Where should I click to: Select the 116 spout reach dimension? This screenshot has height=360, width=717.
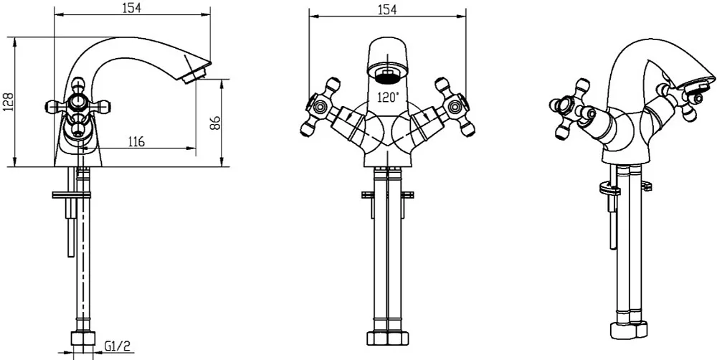coord(136,141)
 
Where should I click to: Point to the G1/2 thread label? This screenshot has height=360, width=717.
coord(118,346)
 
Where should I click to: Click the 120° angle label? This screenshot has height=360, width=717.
coord(388,97)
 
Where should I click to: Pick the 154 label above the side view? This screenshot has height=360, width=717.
coord(133,7)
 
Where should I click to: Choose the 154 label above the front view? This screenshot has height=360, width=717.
coord(387,9)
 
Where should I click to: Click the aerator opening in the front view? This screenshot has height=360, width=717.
coord(387,75)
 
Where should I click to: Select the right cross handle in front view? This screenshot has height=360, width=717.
coord(454,107)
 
